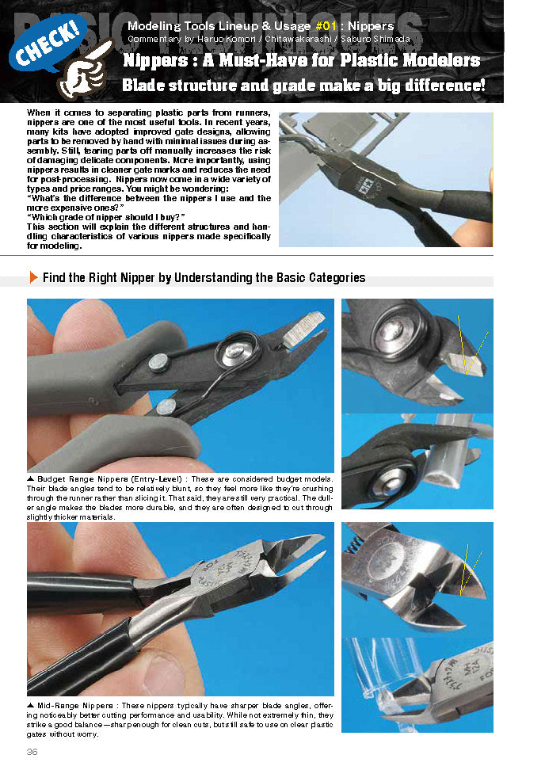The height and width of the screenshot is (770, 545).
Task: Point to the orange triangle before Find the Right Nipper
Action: [32, 277]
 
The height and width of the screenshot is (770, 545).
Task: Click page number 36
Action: [32, 751]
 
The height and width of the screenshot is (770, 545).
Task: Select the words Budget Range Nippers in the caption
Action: [74, 480]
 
